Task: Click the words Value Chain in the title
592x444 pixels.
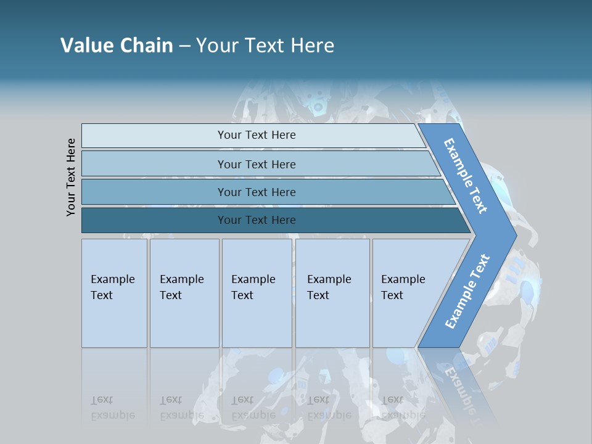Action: [117, 45]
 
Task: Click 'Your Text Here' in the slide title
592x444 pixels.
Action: [265, 45]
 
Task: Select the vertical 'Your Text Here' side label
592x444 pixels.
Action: [72, 177]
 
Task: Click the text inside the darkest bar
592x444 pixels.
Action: [257, 220]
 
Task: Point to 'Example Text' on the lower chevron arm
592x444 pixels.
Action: [467, 291]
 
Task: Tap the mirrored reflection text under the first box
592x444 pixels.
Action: [112, 408]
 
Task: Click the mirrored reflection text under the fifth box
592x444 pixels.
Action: [403, 408]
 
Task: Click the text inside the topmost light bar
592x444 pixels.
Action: [257, 135]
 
